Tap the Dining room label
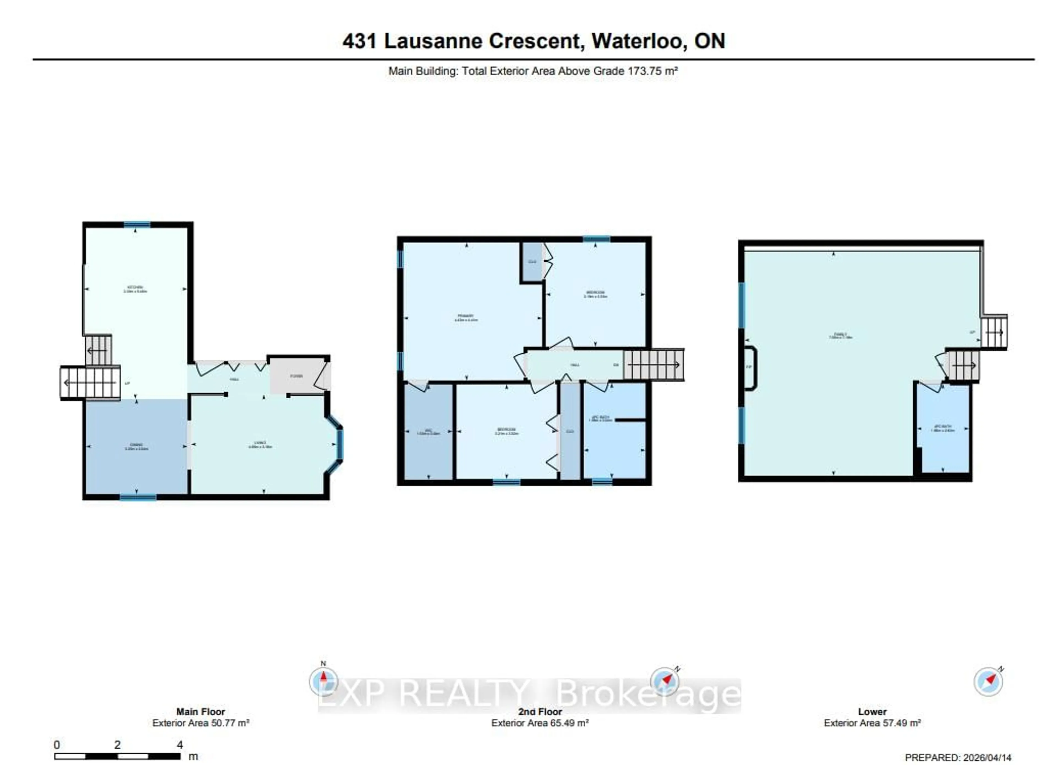click(136, 447)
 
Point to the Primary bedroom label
click(466, 318)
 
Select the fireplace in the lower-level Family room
click(749, 367)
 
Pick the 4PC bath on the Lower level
click(943, 428)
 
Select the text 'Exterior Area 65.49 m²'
click(540, 723)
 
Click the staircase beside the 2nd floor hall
click(654, 364)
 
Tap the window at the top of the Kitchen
click(137, 224)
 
